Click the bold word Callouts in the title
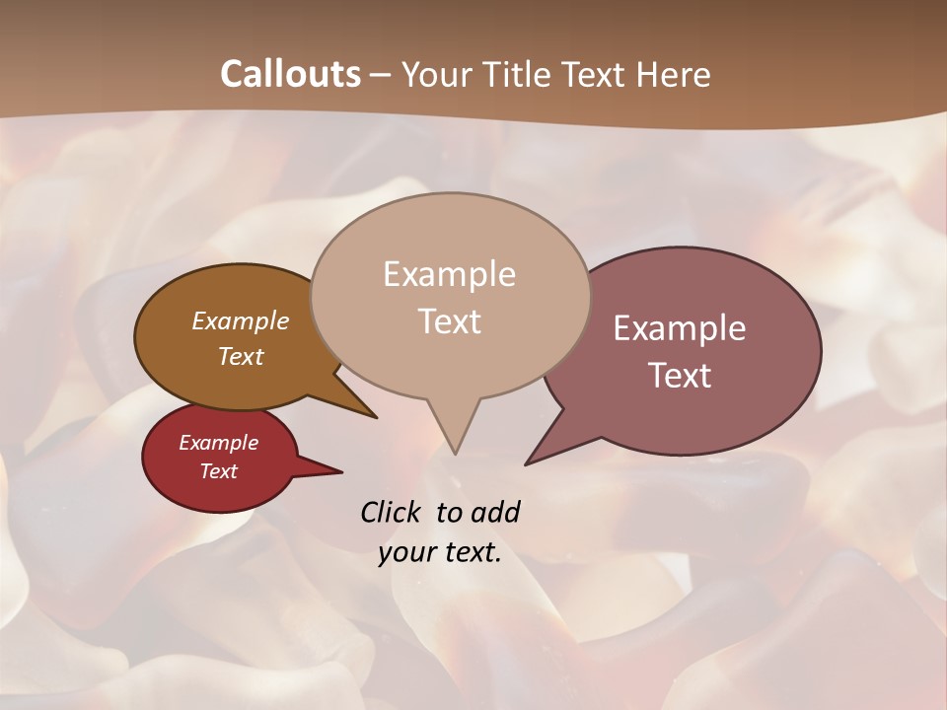[x=290, y=74]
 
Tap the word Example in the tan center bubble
[x=449, y=274]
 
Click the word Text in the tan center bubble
[x=449, y=320]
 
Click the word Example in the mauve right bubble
[x=680, y=328]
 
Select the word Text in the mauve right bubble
[x=680, y=376]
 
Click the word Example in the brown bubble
[x=240, y=320]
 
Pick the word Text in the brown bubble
[x=240, y=356]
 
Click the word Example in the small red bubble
[x=218, y=443]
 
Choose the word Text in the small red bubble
[x=218, y=471]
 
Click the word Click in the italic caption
[x=390, y=512]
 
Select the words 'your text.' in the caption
[x=440, y=552]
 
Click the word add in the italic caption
[x=494, y=512]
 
